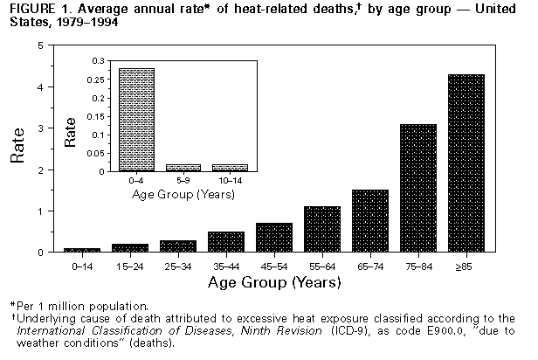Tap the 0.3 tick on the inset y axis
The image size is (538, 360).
click(x=97, y=60)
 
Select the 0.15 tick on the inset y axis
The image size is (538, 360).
click(x=95, y=116)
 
